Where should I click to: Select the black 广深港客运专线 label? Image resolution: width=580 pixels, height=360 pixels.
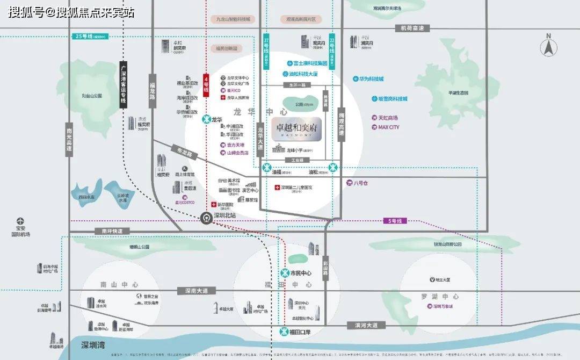[123, 85]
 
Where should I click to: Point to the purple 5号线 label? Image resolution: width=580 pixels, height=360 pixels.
[395, 221]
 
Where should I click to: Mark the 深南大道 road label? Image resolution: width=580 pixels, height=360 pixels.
[196, 291]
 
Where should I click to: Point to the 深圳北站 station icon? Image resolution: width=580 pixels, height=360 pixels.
[205, 218]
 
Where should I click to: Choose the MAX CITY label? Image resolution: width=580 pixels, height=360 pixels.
[386, 127]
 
